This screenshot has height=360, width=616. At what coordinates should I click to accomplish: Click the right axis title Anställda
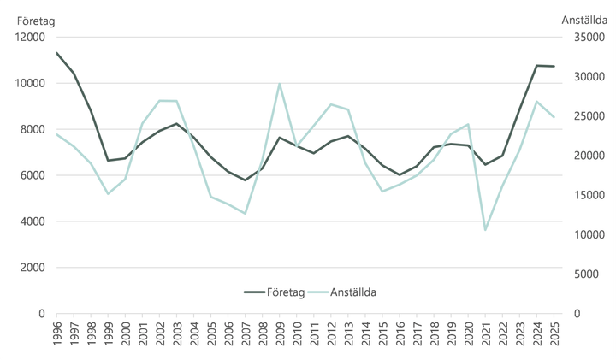[584, 20]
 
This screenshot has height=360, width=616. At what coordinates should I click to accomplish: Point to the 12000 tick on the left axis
[31, 38]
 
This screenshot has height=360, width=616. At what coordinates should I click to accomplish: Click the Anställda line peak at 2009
[280, 84]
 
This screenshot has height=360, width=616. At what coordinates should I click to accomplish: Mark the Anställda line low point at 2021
[486, 230]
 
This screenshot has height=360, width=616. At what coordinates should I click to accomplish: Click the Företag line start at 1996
[57, 53]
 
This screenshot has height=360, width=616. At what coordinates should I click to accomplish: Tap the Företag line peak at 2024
[537, 65]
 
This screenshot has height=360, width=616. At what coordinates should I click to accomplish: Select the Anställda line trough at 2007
[246, 214]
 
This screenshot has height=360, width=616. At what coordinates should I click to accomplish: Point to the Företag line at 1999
[108, 160]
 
